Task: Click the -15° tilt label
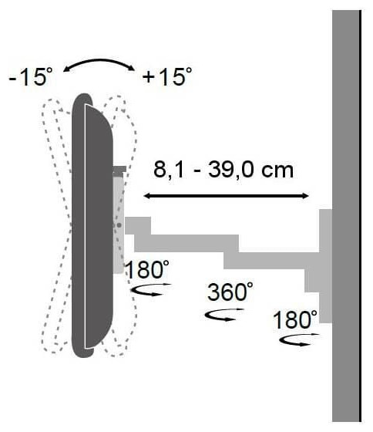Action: pos(31,76)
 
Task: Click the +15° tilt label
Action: pos(167,76)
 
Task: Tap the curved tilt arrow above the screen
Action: pos(99,62)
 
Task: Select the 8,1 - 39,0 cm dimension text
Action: pos(223,170)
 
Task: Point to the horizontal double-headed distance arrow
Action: pos(227,196)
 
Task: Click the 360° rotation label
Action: pos(230,292)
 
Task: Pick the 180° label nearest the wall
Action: pos(295,319)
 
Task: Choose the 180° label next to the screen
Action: pos(147,269)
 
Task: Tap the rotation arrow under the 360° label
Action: pos(223,316)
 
